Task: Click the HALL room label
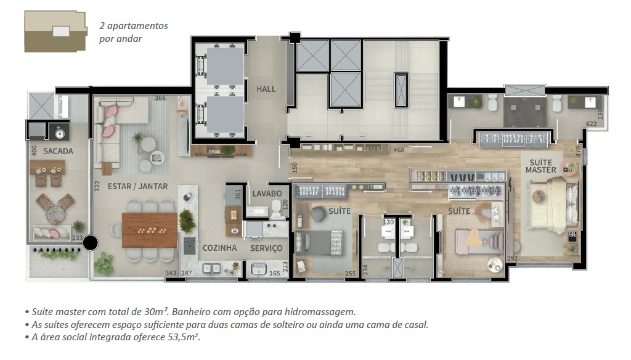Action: click(x=266, y=89)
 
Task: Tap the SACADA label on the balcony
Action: click(x=59, y=151)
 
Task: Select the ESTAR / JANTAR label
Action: click(x=137, y=186)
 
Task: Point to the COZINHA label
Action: click(x=219, y=248)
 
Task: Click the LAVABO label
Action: click(x=267, y=194)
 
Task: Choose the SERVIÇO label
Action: click(x=266, y=248)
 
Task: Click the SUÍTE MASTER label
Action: click(x=541, y=166)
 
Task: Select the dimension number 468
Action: click(x=399, y=150)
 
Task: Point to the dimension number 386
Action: click(x=160, y=99)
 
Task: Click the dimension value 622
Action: click(x=592, y=124)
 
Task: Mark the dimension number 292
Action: click(x=512, y=259)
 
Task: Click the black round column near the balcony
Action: click(x=91, y=243)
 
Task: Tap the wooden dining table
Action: click(x=150, y=230)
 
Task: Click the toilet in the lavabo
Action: click(x=277, y=211)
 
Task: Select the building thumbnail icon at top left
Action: click(x=55, y=31)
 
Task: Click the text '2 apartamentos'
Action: click(x=134, y=26)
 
